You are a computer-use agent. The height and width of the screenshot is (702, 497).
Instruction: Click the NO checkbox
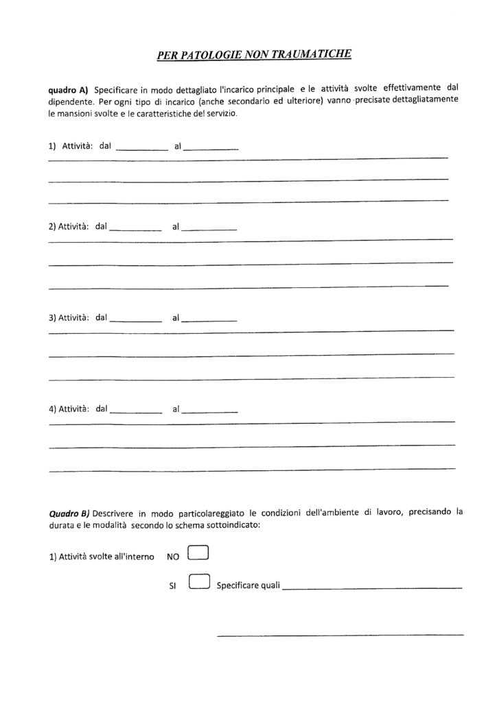point(197,553)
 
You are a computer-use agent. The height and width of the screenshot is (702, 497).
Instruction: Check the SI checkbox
point(197,582)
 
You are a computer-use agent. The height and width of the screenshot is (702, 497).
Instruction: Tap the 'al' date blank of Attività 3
point(211,319)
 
